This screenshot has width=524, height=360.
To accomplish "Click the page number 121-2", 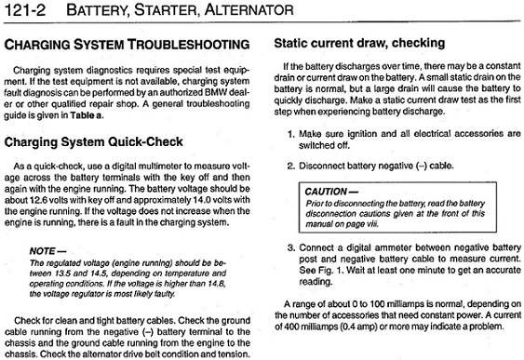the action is [25, 10].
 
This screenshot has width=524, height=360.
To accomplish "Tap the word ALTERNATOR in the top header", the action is [249, 9].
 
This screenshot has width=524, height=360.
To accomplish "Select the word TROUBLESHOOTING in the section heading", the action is [189, 45].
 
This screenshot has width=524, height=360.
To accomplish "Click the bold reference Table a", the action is [87, 115].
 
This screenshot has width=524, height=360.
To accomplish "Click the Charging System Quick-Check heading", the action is [94, 142].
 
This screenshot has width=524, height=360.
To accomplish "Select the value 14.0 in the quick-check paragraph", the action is [201, 200].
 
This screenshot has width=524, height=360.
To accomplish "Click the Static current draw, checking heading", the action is [359, 44].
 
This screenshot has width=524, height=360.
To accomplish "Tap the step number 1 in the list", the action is [290, 134].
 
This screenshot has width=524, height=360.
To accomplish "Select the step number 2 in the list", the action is [290, 166].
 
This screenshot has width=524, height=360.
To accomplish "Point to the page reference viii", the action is [372, 224].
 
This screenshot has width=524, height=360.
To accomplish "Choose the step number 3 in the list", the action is [291, 248].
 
